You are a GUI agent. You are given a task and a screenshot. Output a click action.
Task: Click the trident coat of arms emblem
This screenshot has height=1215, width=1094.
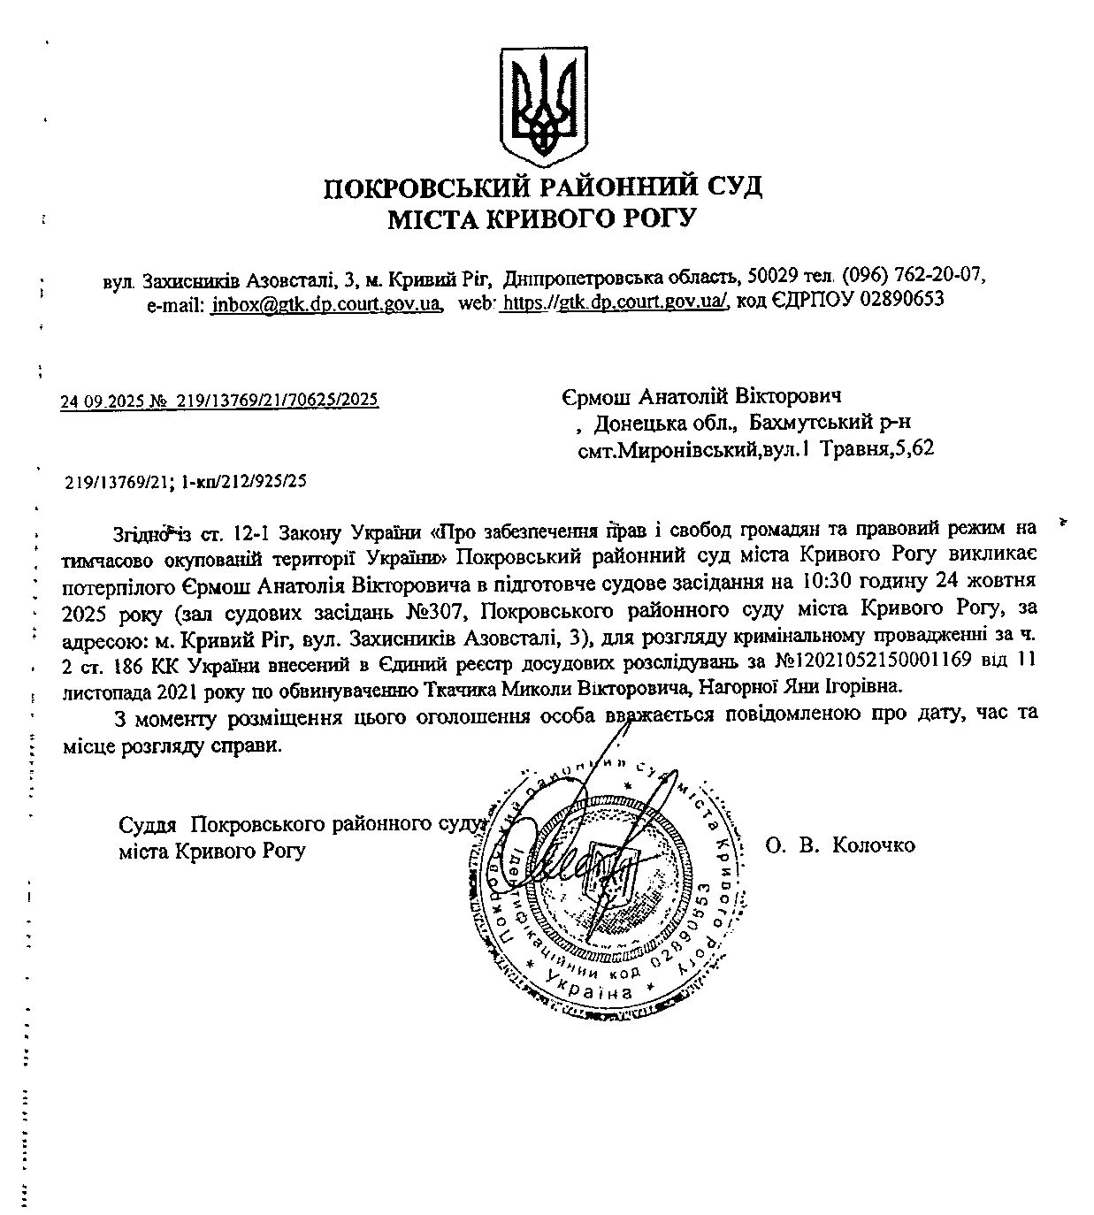[x=544, y=104]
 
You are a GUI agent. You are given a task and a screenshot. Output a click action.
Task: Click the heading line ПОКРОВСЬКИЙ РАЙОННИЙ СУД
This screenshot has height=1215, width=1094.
[x=543, y=187]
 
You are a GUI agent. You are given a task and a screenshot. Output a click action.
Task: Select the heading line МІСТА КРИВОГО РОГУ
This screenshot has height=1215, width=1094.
[x=542, y=218]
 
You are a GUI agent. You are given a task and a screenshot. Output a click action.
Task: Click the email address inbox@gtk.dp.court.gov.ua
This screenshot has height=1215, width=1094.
[x=326, y=302]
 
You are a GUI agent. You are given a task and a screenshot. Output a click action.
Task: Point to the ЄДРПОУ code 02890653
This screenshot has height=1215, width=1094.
[x=901, y=300]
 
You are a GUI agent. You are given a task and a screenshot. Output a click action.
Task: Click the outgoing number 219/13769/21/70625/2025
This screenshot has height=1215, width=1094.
[x=278, y=401]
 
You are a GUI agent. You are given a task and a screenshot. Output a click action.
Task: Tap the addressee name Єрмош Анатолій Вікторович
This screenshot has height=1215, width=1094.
[x=700, y=395]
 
